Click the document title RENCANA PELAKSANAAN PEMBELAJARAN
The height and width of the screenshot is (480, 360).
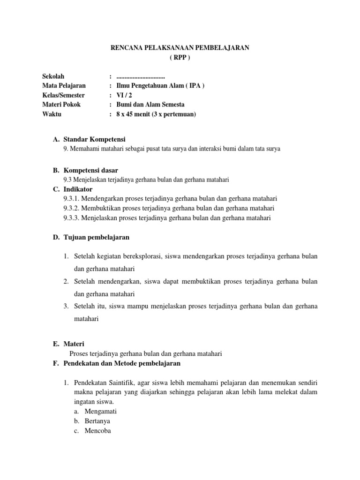(x=180, y=47)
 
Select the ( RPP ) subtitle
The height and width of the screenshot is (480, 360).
(x=180, y=57)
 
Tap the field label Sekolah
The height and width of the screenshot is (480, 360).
(x=53, y=76)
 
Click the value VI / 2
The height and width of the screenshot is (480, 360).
(x=124, y=95)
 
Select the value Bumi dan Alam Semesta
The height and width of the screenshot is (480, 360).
(x=150, y=105)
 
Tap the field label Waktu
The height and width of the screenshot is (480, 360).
(x=52, y=114)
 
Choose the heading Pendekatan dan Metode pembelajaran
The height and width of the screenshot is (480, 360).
(x=121, y=363)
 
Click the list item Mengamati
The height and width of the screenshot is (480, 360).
(x=100, y=411)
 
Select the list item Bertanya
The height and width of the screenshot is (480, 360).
(x=97, y=421)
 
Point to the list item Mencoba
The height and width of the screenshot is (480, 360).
(x=97, y=431)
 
